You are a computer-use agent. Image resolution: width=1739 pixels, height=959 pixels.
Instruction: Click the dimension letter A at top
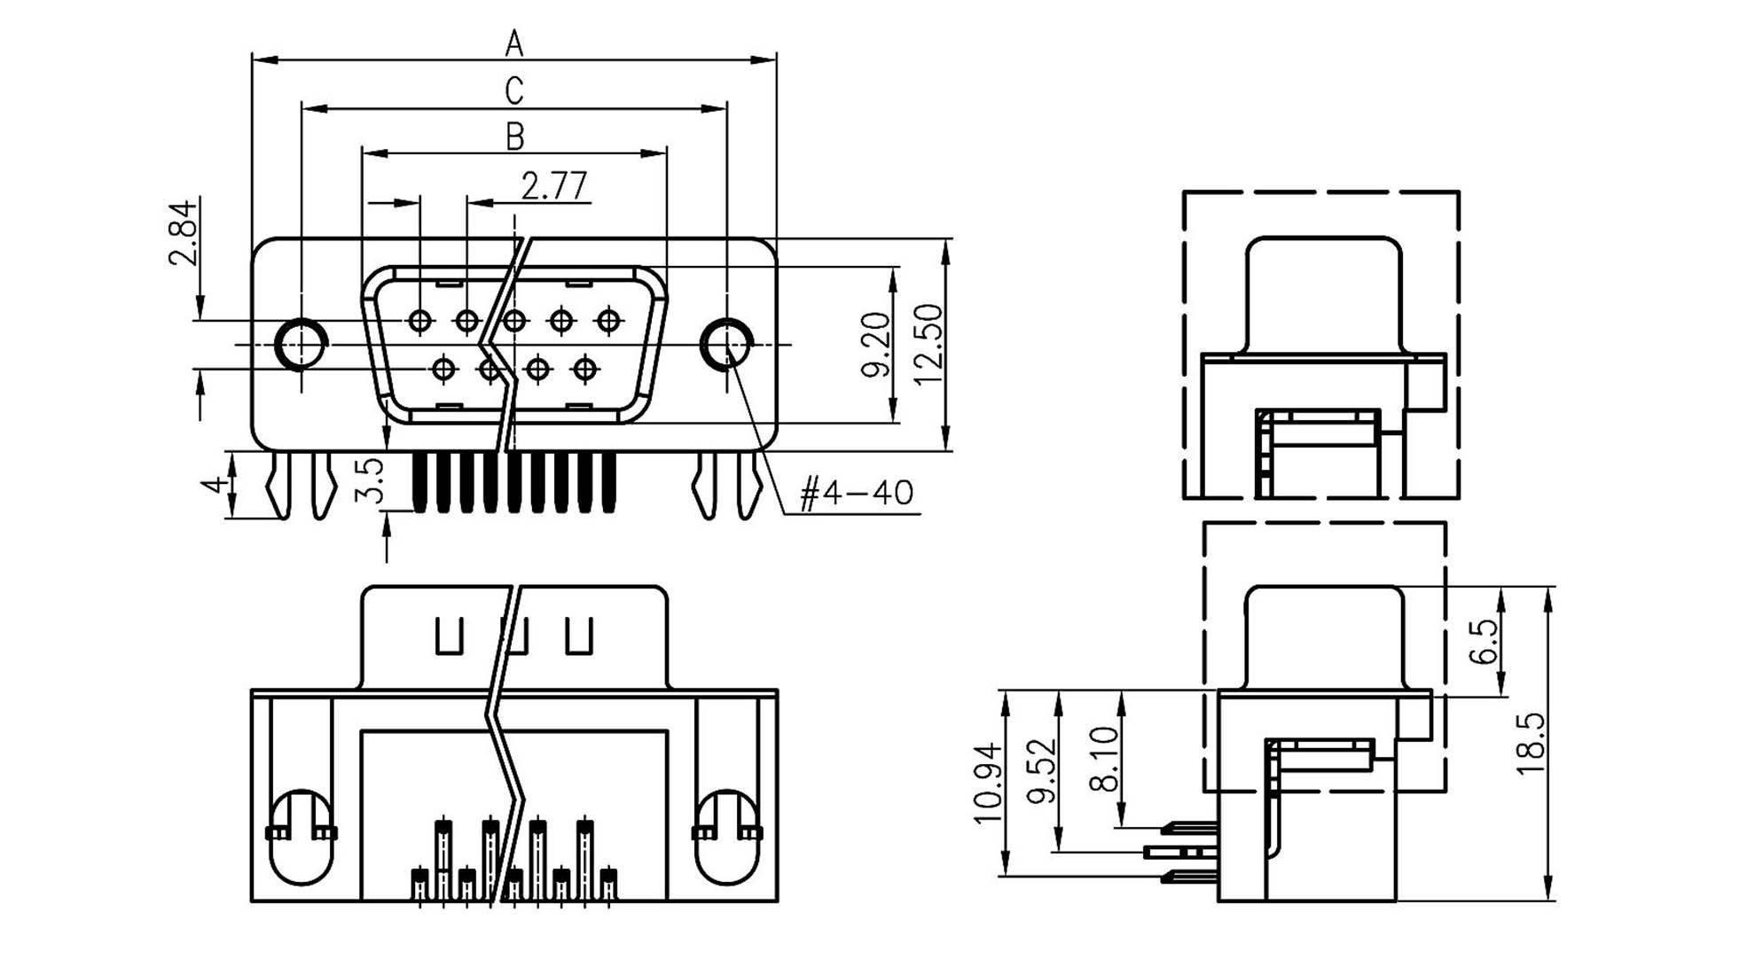pos(514,42)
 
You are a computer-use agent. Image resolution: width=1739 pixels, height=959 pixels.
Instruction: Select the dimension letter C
pos(514,90)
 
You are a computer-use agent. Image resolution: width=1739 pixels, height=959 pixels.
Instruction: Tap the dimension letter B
pos(514,136)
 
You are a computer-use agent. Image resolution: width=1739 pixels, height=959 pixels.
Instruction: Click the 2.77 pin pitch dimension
pos(554,186)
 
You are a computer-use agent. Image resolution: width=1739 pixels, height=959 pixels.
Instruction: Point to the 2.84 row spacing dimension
pos(183,233)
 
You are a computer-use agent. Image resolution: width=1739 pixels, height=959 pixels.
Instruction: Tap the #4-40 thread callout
pos(856,493)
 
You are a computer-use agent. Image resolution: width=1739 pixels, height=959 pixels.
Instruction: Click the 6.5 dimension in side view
pos(1483,642)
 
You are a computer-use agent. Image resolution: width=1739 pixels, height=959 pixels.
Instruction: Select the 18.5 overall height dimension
pos(1531,743)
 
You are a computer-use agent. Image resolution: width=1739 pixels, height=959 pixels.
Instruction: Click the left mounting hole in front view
pos(300,343)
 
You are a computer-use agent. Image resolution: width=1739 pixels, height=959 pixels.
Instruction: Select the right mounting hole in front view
pos(725,343)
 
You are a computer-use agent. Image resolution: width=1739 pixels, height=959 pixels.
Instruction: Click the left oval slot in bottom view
pos(302,837)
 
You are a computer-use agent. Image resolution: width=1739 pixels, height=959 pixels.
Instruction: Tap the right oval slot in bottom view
pos(726,837)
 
